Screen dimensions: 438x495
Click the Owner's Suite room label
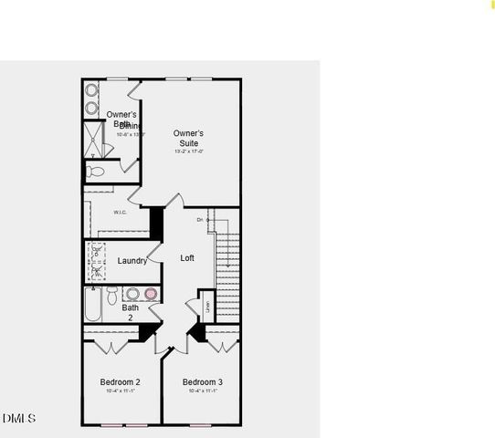188,138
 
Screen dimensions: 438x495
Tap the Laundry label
132,261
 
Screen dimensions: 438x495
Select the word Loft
187,258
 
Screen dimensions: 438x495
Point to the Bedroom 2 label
120,381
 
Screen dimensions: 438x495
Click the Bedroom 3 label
202,381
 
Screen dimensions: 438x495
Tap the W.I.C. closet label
120,213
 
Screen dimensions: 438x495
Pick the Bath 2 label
131,313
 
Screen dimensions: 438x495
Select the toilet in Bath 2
112,295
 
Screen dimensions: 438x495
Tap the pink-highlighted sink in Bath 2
151,294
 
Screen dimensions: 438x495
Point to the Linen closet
206,306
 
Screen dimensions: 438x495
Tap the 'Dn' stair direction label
199,220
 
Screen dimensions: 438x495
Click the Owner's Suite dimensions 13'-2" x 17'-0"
188,152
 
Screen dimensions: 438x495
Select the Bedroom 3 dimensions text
202,391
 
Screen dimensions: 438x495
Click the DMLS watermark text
18,418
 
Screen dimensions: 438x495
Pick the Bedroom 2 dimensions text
120,391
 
